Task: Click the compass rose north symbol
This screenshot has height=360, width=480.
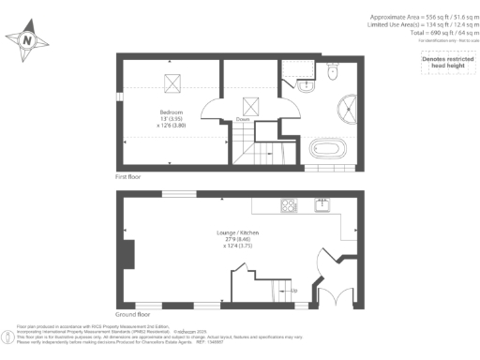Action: (x=26, y=40)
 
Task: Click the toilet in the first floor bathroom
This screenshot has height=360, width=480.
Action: (x=334, y=71)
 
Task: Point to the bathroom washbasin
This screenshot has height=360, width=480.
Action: (x=306, y=85)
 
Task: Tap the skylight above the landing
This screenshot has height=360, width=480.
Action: (x=251, y=106)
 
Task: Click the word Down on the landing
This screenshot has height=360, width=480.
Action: (x=242, y=120)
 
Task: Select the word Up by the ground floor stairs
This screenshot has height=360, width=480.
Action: (x=295, y=290)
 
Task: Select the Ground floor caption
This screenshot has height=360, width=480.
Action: (x=132, y=315)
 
